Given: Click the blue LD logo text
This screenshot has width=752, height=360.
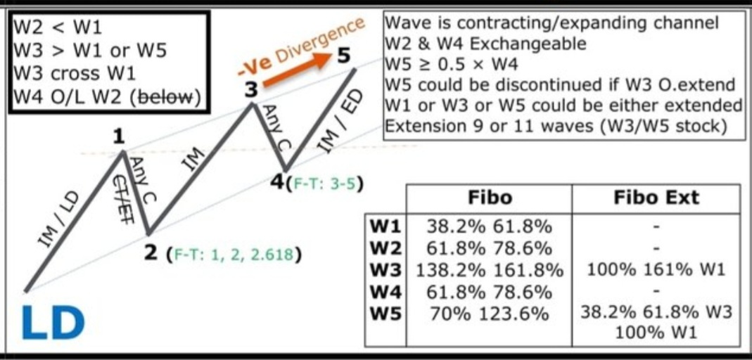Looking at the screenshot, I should tap(53, 321).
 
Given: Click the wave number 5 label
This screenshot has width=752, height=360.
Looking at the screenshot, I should tap(343, 54).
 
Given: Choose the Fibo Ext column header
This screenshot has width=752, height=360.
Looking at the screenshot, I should tap(656, 198).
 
